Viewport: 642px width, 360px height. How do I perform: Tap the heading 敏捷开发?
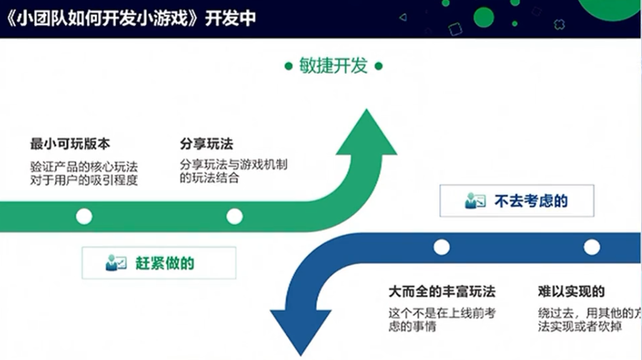tap(334, 67)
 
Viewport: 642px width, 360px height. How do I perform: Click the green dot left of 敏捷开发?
tap(288, 67)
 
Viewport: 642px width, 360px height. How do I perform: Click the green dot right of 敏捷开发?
tap(379, 67)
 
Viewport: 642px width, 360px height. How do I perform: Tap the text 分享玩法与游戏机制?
tap(234, 165)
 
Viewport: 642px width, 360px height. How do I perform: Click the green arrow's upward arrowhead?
tap(366, 136)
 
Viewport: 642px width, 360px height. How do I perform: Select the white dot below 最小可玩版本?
tap(84, 216)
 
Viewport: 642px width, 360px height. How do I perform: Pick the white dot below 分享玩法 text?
tap(234, 216)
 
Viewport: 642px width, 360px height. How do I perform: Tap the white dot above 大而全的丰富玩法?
tap(442, 247)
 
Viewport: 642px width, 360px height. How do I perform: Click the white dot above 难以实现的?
tap(591, 247)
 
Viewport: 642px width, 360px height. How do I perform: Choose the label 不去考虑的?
tap(531, 201)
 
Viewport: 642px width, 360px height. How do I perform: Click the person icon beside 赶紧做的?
tap(115, 263)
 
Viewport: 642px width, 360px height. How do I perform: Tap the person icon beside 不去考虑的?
tap(475, 201)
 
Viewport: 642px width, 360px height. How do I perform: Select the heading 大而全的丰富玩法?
tap(442, 292)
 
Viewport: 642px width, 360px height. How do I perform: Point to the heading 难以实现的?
tap(571, 292)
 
